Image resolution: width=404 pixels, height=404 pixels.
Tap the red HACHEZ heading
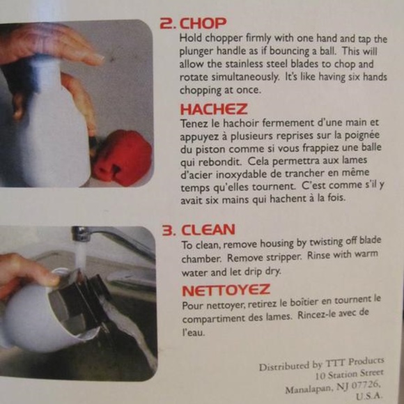coord(214,109)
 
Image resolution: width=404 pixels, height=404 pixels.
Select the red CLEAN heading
coord(208,230)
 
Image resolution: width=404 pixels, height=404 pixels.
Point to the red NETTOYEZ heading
coord(226,290)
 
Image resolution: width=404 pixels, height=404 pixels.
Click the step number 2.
coord(167,23)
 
